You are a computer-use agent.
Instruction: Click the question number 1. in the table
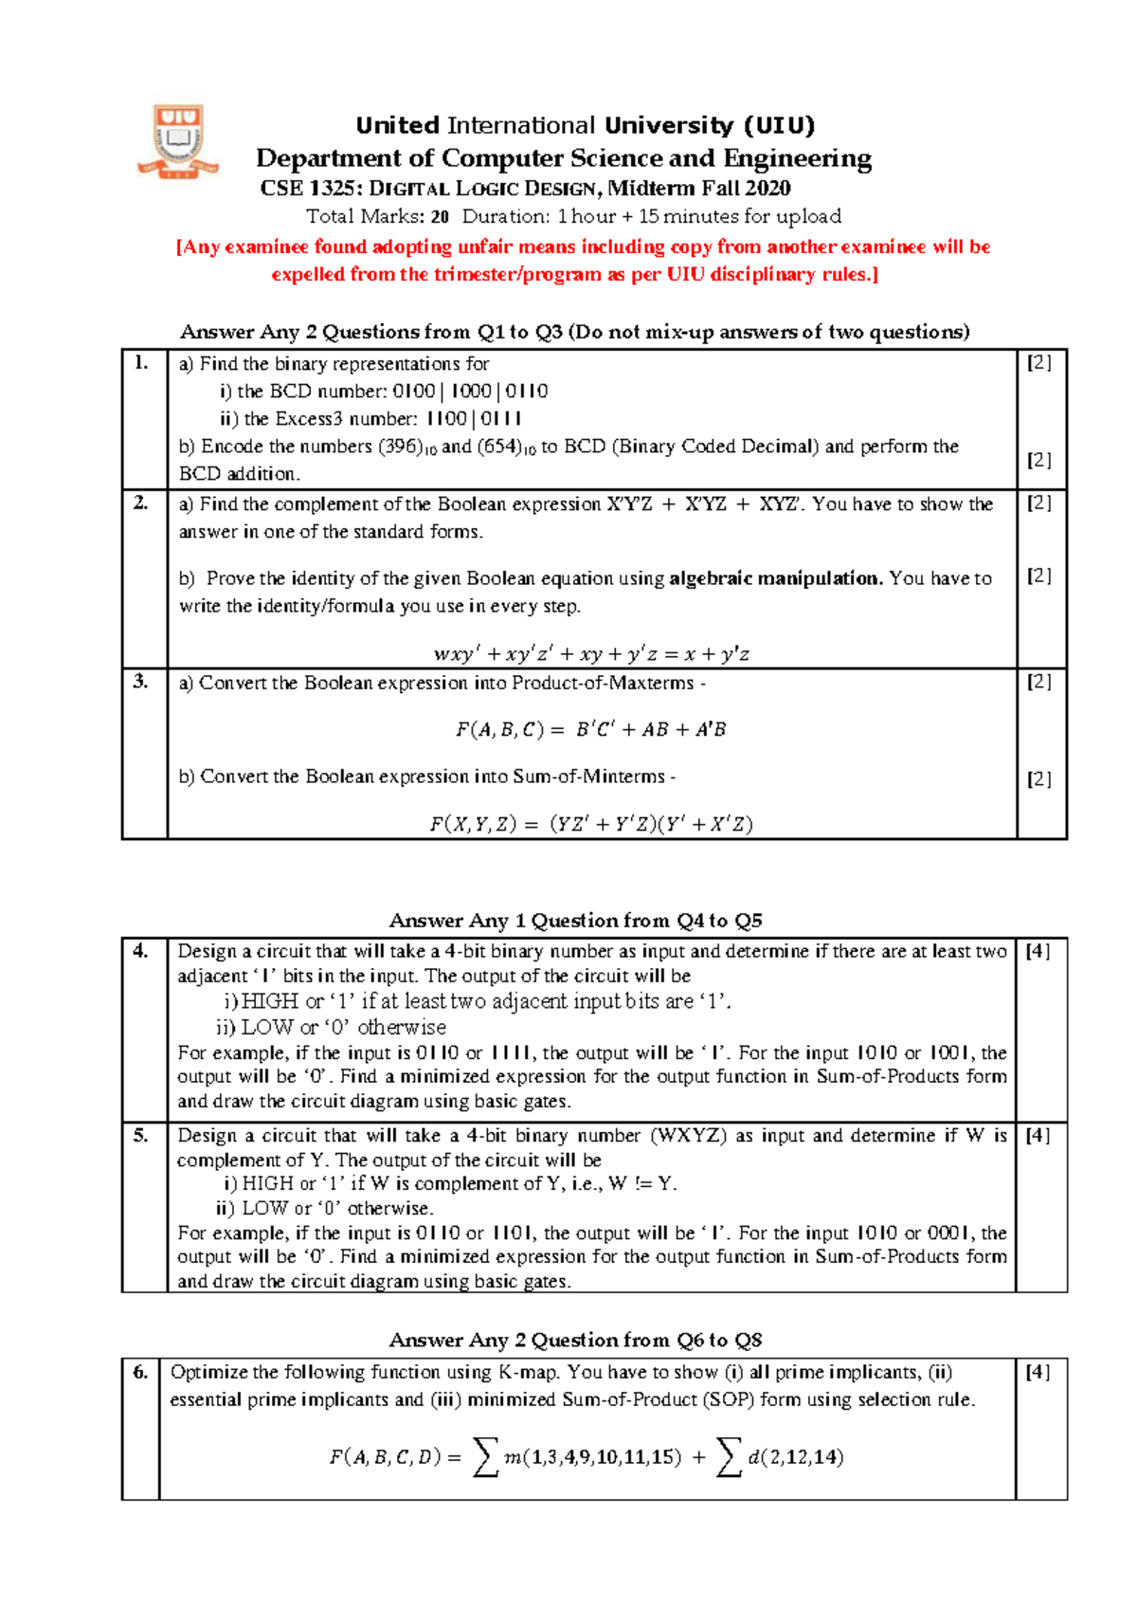pos(141,362)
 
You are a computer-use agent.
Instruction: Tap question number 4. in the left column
pos(140,951)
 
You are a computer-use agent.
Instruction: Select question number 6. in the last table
pos(140,1372)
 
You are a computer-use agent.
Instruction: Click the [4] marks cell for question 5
pos(1038,1135)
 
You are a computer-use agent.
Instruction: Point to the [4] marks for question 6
pos(1038,1372)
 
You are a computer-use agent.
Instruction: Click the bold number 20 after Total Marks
pos(440,216)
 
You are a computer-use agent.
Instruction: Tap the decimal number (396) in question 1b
pos(400,447)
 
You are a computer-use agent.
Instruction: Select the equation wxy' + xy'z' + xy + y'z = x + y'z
pos(591,654)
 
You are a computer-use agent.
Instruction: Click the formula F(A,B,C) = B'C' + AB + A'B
pos(591,729)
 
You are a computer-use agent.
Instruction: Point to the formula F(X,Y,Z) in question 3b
pos(591,824)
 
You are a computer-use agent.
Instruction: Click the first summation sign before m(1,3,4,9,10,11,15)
pos(485,1457)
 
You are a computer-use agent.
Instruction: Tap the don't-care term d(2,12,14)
pos(795,1457)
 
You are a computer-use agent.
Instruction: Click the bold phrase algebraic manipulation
pos(775,578)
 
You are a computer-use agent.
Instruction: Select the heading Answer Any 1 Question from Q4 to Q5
pos(575,921)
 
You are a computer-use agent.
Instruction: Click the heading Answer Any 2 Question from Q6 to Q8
pos(575,1340)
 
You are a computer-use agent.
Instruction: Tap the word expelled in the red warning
pos(308,275)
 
